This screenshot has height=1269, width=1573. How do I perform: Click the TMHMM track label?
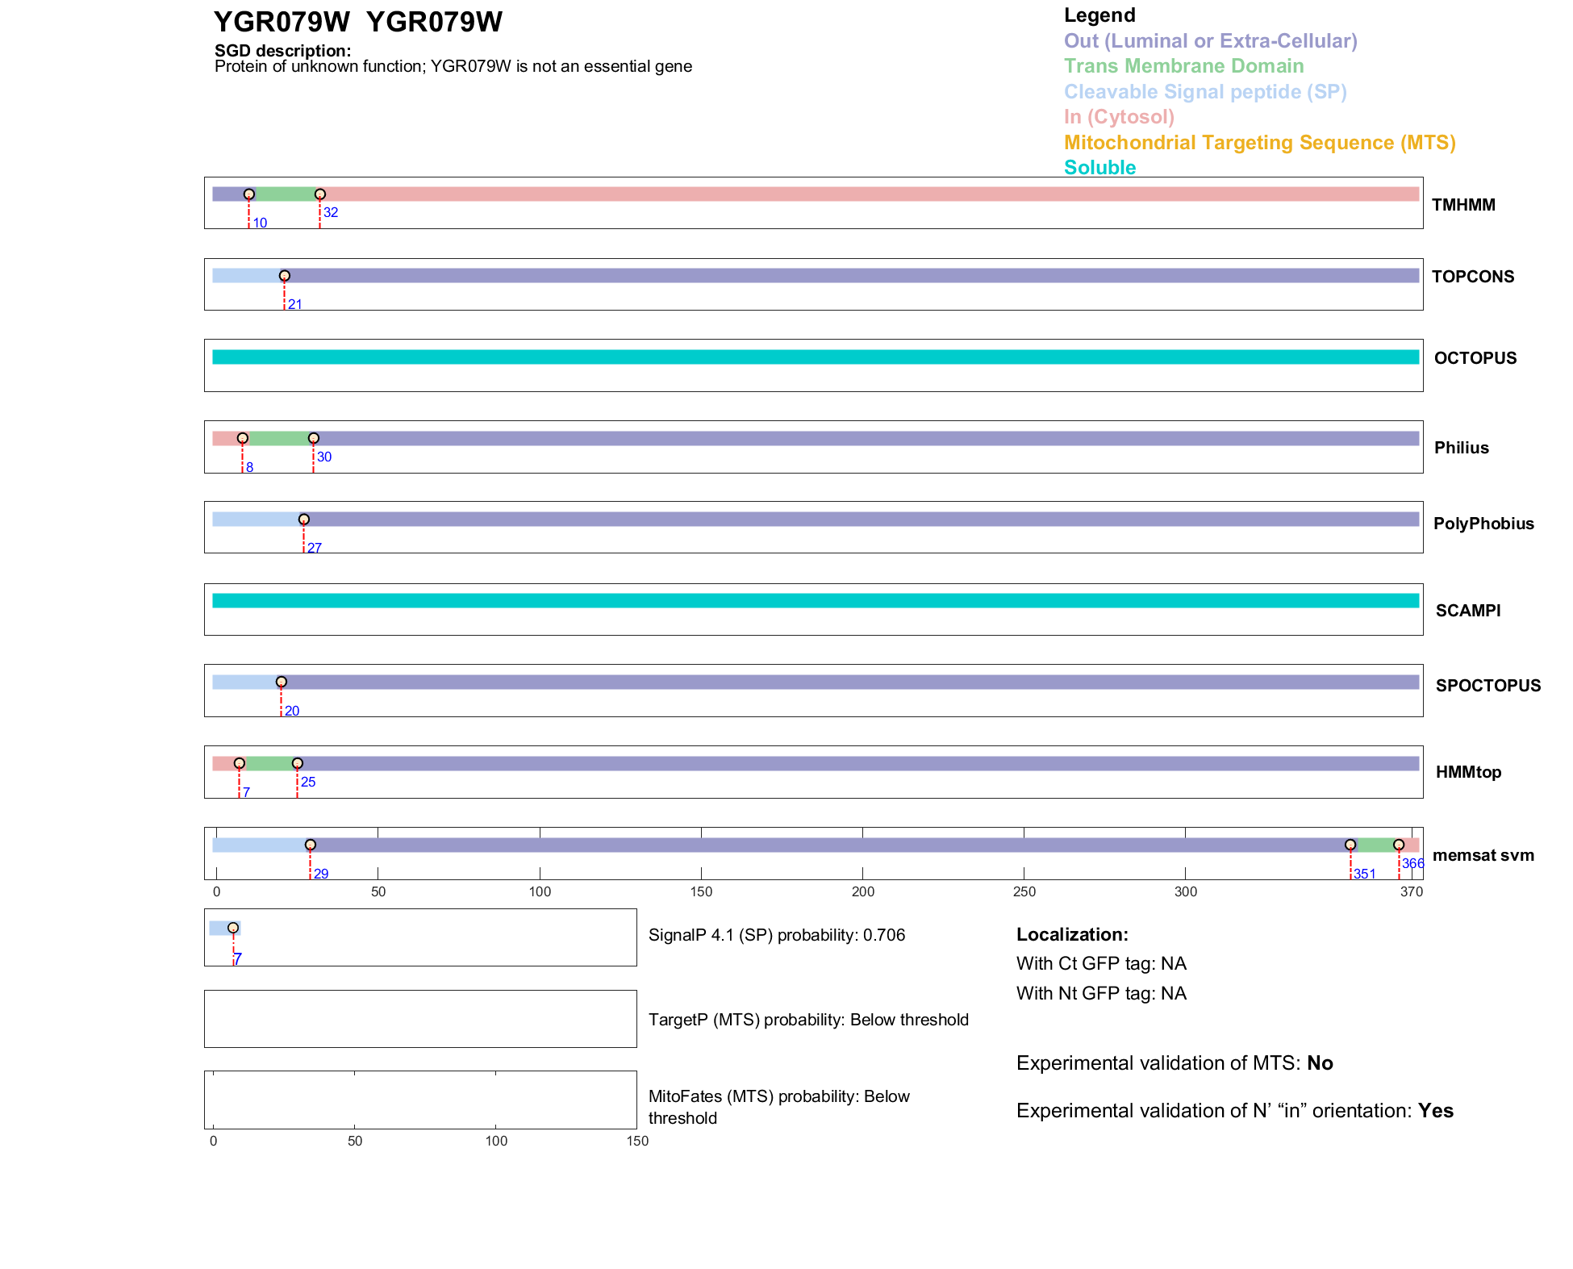(1462, 205)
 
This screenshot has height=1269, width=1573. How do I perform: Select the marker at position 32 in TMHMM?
(320, 194)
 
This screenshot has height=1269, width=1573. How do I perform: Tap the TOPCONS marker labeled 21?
(284, 276)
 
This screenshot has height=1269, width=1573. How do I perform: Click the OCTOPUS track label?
(1475, 358)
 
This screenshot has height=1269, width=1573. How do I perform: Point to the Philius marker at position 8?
(242, 438)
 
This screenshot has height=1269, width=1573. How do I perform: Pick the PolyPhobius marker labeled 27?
(303, 520)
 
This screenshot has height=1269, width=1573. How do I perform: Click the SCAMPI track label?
(1467, 611)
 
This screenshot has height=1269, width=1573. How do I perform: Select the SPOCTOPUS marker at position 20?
(281, 682)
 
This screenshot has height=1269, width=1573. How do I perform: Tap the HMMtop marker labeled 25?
(297, 763)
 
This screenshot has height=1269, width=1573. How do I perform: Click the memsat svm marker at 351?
(1350, 845)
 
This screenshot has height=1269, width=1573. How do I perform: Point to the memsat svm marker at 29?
(310, 845)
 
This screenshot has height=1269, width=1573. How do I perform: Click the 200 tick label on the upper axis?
(862, 891)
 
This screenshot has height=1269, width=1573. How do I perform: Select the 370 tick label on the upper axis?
(1411, 891)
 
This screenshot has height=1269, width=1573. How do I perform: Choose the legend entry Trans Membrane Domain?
(1183, 66)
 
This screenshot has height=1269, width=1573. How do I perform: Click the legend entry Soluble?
(1099, 168)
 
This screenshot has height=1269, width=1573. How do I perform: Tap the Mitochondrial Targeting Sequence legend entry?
(1259, 143)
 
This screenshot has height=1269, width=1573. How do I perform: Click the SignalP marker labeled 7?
(233, 928)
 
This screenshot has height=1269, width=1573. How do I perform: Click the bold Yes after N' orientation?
(1435, 1111)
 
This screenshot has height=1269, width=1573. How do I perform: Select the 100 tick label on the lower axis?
(496, 1141)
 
